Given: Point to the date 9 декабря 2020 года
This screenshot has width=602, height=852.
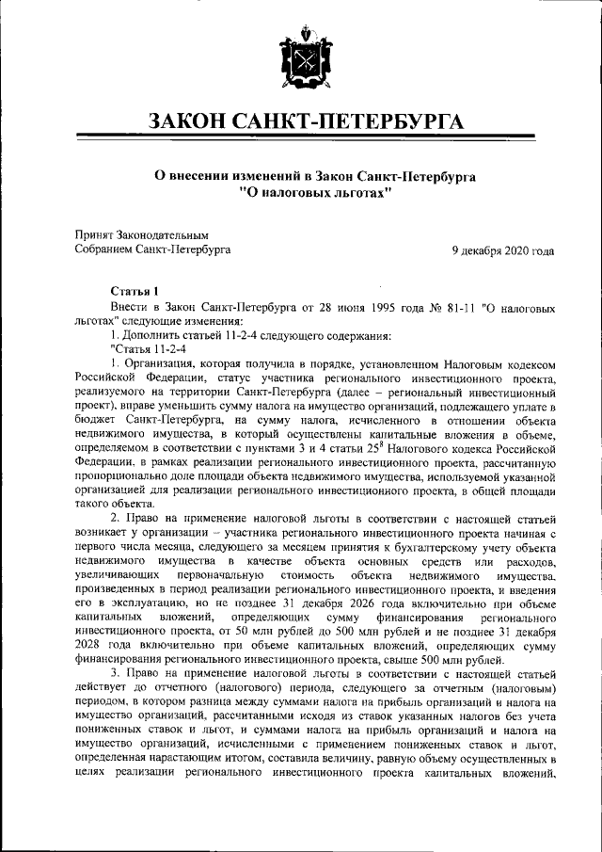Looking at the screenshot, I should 501,250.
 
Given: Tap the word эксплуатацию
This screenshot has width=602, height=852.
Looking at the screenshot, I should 149,603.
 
